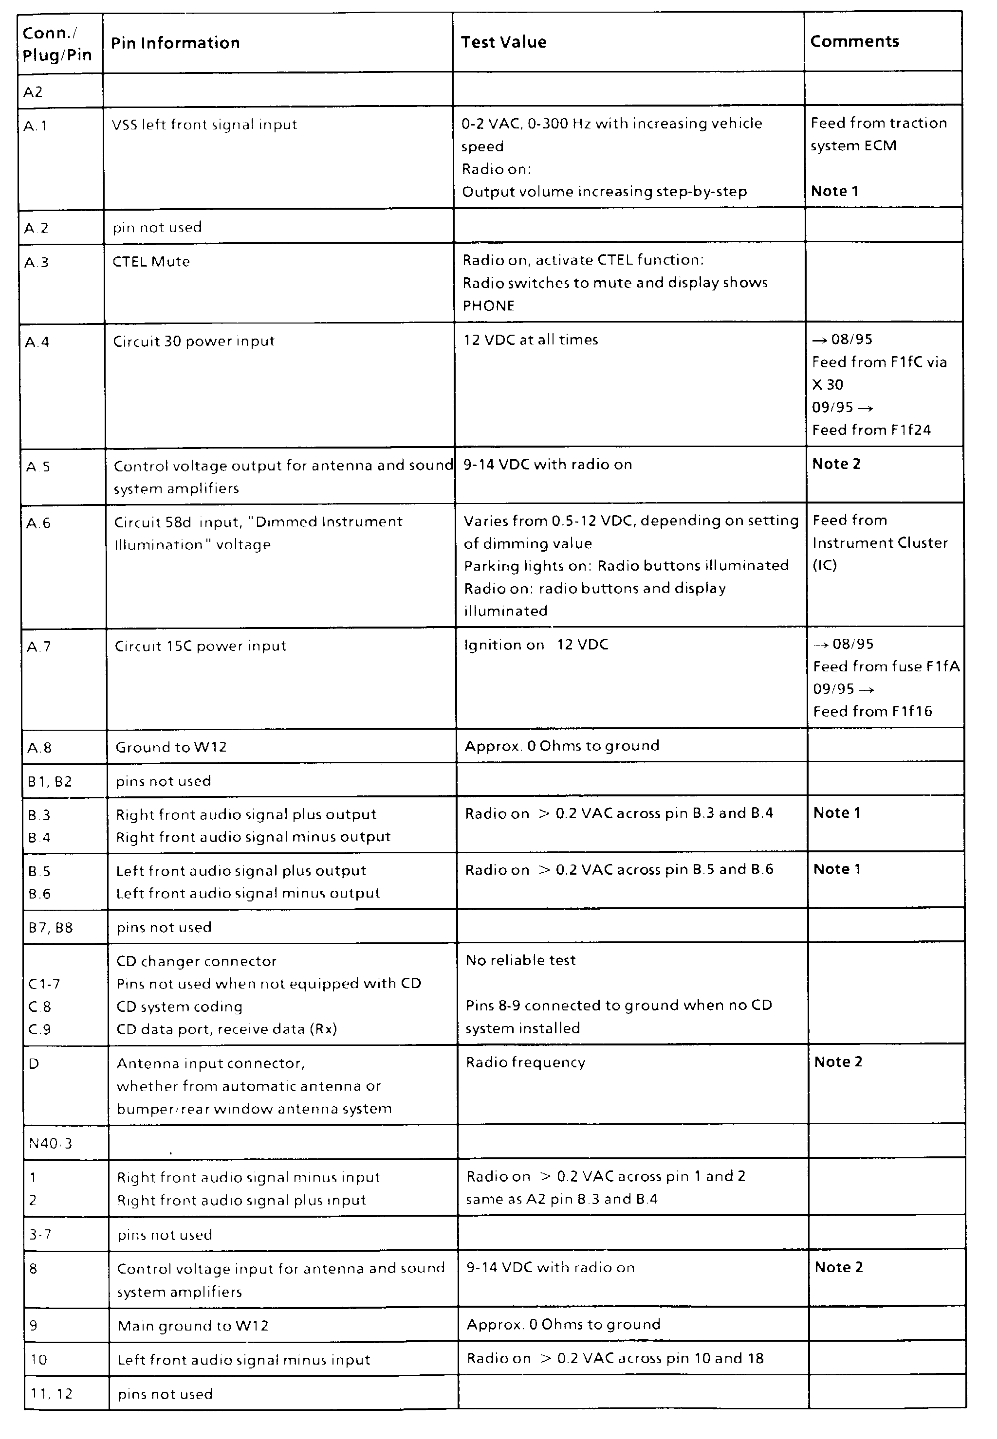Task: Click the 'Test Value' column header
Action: coord(503,42)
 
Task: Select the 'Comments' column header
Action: coord(854,41)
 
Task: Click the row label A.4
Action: coord(37,342)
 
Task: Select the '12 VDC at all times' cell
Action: coord(530,340)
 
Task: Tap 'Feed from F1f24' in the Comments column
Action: coord(871,430)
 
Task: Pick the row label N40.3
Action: coord(51,1143)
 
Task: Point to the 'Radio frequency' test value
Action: coord(525,1062)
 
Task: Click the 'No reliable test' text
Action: coord(520,960)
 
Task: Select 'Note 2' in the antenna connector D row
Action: coord(838,1062)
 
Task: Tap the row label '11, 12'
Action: coord(51,1394)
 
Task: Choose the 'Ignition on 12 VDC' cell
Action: coord(535,645)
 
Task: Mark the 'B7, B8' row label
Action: coord(51,928)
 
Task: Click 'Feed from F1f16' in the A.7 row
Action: coord(872,712)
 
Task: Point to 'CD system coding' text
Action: coord(179,1007)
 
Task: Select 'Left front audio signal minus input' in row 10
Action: coord(243,1360)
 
